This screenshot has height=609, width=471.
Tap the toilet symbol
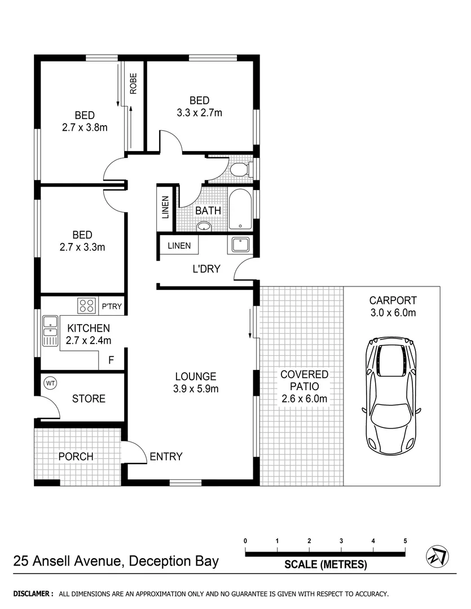[x=241, y=169]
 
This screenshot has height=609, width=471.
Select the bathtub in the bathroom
[x=240, y=209]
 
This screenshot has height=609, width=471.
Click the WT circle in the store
[x=50, y=383]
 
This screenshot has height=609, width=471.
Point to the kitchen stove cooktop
[x=86, y=306]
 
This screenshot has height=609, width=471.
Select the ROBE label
[x=133, y=84]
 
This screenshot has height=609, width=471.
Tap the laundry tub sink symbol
[x=240, y=246]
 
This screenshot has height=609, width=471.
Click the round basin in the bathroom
[x=204, y=227]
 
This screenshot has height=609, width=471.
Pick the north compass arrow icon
[x=437, y=556]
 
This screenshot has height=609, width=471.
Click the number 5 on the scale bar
[x=405, y=541]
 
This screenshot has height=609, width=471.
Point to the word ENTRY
[x=166, y=457]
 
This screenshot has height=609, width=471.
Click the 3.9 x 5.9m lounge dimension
[x=196, y=389]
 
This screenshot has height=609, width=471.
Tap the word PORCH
[x=76, y=456]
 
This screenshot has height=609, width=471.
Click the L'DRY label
[x=206, y=269]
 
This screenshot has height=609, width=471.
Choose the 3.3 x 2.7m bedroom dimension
[x=199, y=113]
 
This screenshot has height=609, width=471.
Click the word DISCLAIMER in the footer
[x=33, y=594]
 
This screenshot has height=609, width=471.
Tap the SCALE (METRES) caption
[x=325, y=564]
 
